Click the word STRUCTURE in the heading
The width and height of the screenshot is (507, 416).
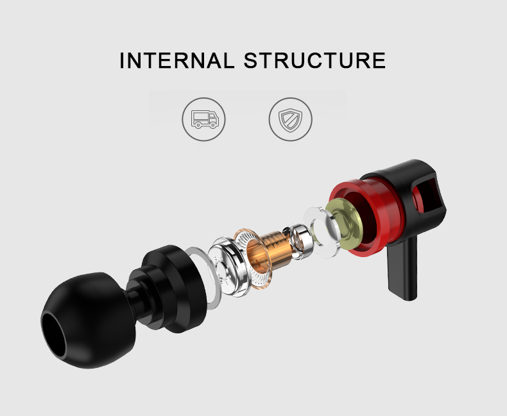click(x=314, y=60)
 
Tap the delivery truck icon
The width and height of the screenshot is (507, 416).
click(x=204, y=119)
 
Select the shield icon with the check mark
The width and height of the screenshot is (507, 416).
click(x=290, y=119)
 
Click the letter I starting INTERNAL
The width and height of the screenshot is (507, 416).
click(x=123, y=60)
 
